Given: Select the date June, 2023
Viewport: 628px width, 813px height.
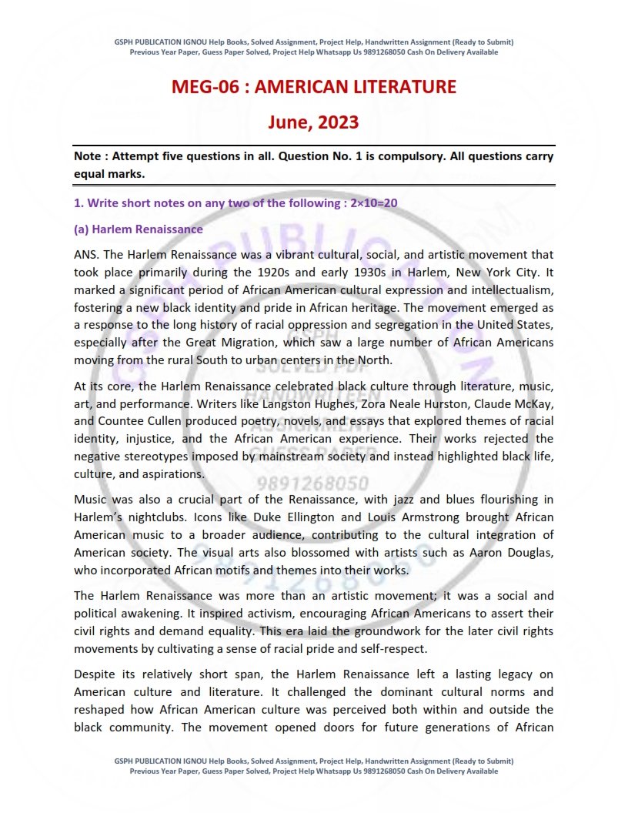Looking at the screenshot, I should pyautogui.click(x=313, y=122).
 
